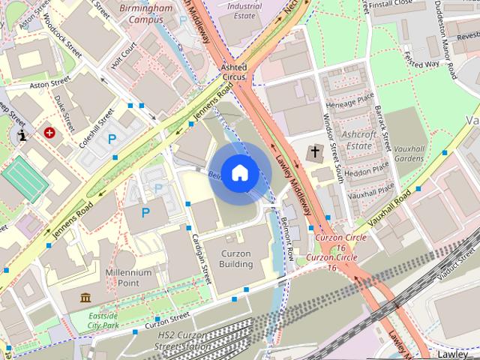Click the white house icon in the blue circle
(239, 173)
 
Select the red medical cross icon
(49, 133)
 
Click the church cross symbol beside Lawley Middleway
(313, 153)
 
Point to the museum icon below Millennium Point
(85, 298)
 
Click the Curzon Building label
(235, 259)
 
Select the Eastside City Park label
(103, 321)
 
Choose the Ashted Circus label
(233, 72)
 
